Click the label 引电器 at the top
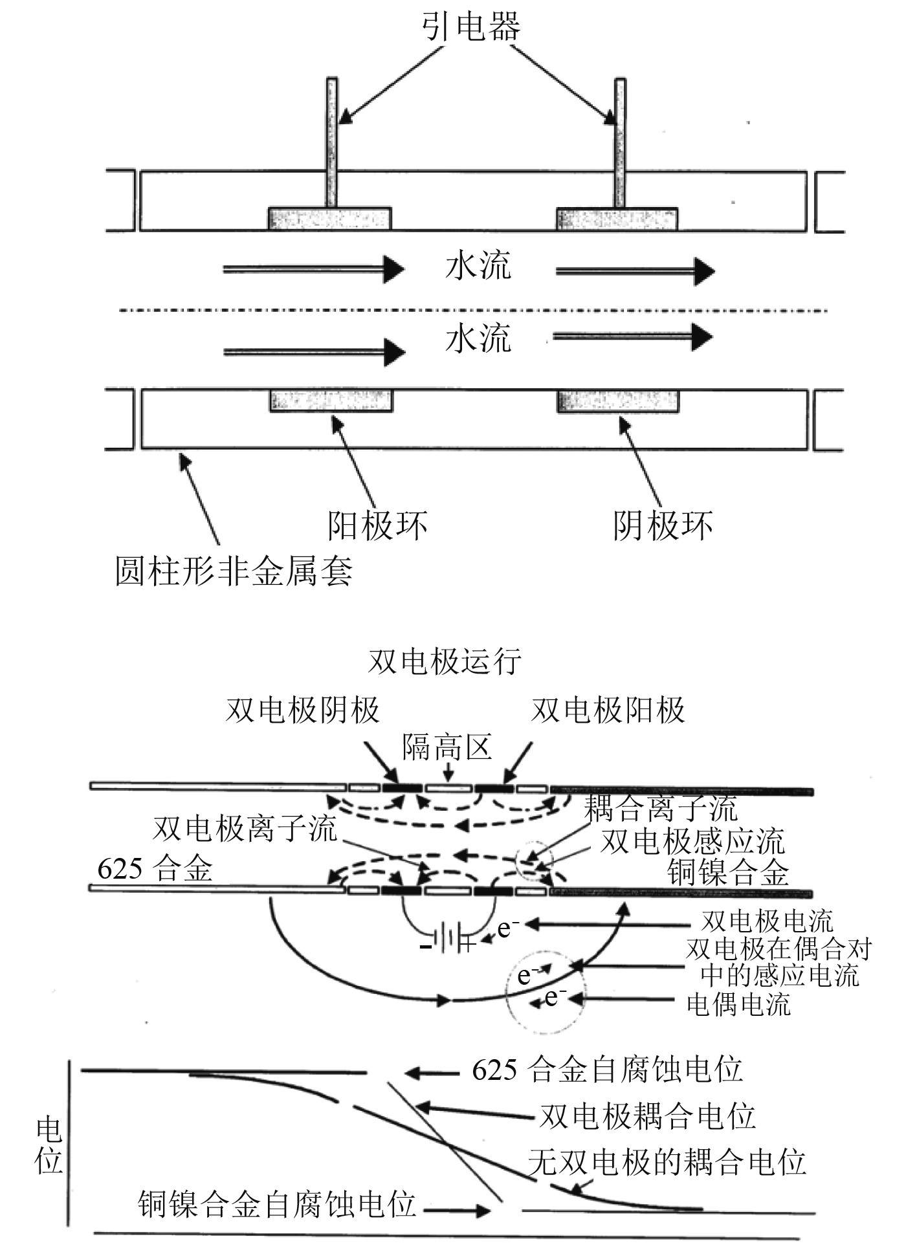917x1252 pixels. tap(471, 28)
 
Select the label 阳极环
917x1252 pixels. tap(377, 525)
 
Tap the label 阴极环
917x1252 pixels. tap(663, 525)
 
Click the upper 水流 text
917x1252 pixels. tap(478, 267)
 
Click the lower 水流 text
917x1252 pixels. tap(478, 339)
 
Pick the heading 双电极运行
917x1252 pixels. tap(445, 662)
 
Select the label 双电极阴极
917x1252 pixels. tap(302, 710)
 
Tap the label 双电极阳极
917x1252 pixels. tap(608, 710)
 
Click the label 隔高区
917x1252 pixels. tap(447, 747)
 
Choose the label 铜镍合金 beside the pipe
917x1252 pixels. tap(728, 872)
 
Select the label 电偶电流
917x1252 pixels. tap(738, 1005)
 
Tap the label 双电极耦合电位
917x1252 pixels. tap(648, 1117)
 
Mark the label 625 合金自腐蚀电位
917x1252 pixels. tap(607, 1070)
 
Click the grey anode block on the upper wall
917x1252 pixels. tap(329, 219)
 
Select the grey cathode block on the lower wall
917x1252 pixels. tap(618, 401)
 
